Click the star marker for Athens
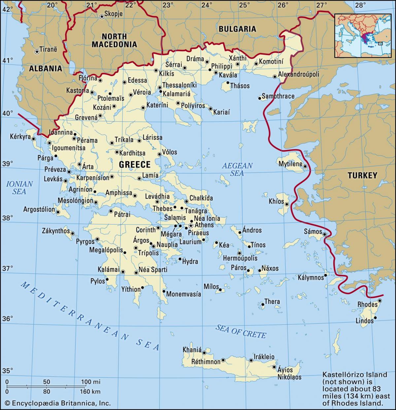[190, 225]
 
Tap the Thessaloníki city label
[179, 85]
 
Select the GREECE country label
[135, 164]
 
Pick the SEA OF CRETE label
[241, 331]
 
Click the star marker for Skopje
[102, 16]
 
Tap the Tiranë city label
[48, 49]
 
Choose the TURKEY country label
[362, 176]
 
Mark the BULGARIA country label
[237, 29]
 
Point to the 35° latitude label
[7, 370]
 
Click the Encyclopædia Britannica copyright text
[58, 403]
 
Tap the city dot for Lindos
[375, 318]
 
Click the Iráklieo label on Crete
[264, 357]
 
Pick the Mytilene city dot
[305, 166]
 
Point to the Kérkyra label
[20, 136]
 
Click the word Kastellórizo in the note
[340, 374]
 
